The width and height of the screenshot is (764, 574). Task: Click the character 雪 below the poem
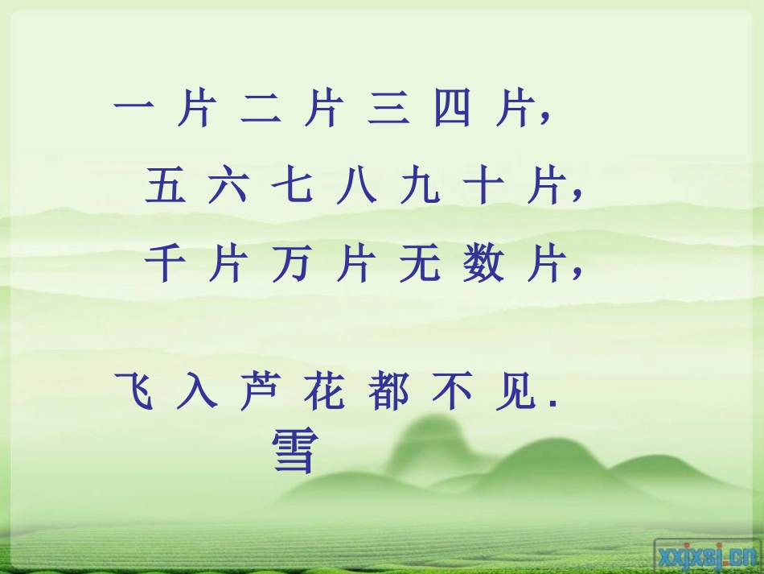[291, 451]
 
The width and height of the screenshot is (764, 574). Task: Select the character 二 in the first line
[259, 109]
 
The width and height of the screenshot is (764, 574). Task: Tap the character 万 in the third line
[290, 264]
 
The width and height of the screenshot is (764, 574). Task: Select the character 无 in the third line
[418, 264]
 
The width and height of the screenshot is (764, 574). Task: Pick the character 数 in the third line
[482, 264]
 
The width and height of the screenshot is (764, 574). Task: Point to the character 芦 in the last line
[259, 391]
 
